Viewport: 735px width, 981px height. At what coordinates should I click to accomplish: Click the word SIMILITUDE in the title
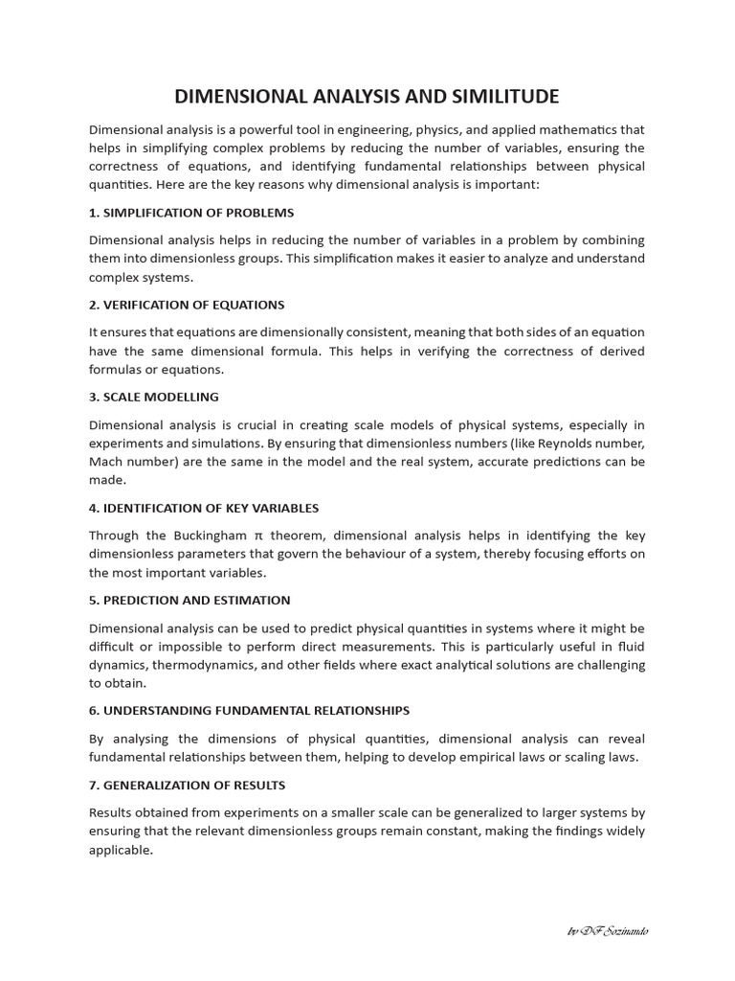click(x=497, y=97)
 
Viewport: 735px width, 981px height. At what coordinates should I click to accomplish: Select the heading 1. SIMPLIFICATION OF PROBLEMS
click(x=191, y=213)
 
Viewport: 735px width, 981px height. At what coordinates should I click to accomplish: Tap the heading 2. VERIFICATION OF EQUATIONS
click(x=187, y=305)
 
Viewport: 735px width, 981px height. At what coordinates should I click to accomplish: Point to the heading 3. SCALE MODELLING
click(x=154, y=397)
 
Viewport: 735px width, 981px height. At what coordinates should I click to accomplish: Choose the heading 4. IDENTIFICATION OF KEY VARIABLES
click(x=204, y=508)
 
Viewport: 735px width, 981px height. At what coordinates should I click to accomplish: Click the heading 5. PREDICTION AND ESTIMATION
click(x=189, y=600)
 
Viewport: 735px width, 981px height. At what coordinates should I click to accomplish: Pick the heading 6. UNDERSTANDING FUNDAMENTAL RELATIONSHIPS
click(x=249, y=711)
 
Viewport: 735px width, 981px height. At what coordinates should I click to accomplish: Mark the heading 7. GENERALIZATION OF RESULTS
click(x=187, y=785)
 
